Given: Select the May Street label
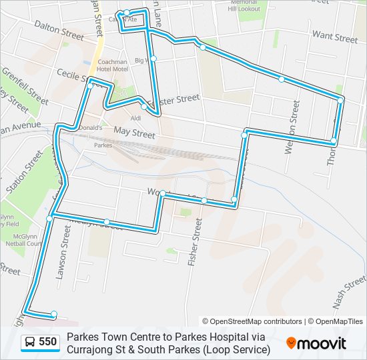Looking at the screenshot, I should [x=134, y=133].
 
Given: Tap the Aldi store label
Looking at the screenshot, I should [x=136, y=118].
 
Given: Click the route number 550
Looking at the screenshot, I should [x=48, y=343].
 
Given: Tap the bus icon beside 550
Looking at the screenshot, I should [x=30, y=343].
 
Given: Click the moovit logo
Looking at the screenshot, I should [x=316, y=343].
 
